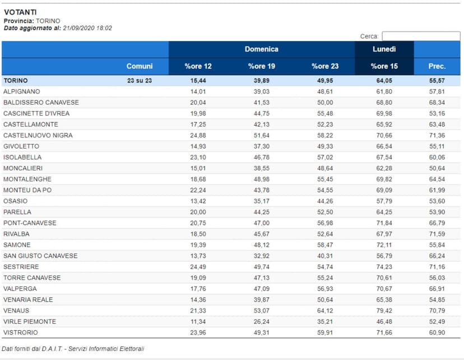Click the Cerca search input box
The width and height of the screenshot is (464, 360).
click(421, 36)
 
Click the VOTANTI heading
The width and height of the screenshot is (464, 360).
click(20, 12)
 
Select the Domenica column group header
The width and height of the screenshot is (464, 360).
click(261, 49)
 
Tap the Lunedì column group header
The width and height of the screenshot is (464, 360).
click(384, 49)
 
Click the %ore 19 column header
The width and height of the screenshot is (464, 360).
click(261, 66)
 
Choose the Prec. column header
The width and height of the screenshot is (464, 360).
click(437, 66)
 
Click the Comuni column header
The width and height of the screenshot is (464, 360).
click(140, 66)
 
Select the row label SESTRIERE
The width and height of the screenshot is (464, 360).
click(21, 267)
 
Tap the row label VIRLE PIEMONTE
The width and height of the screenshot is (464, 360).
click(30, 321)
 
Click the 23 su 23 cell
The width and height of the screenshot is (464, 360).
click(140, 81)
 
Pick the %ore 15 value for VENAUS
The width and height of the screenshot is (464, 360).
click(384, 311)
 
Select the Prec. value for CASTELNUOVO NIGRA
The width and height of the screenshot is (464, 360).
click(437, 135)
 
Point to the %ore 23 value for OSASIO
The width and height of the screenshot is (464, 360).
click(324, 201)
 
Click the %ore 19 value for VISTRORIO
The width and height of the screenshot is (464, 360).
click(261, 333)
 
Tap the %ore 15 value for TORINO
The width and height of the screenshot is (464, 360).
click(384, 81)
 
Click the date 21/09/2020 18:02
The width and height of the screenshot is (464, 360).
click(87, 28)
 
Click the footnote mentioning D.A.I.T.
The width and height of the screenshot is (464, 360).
click(73, 349)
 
